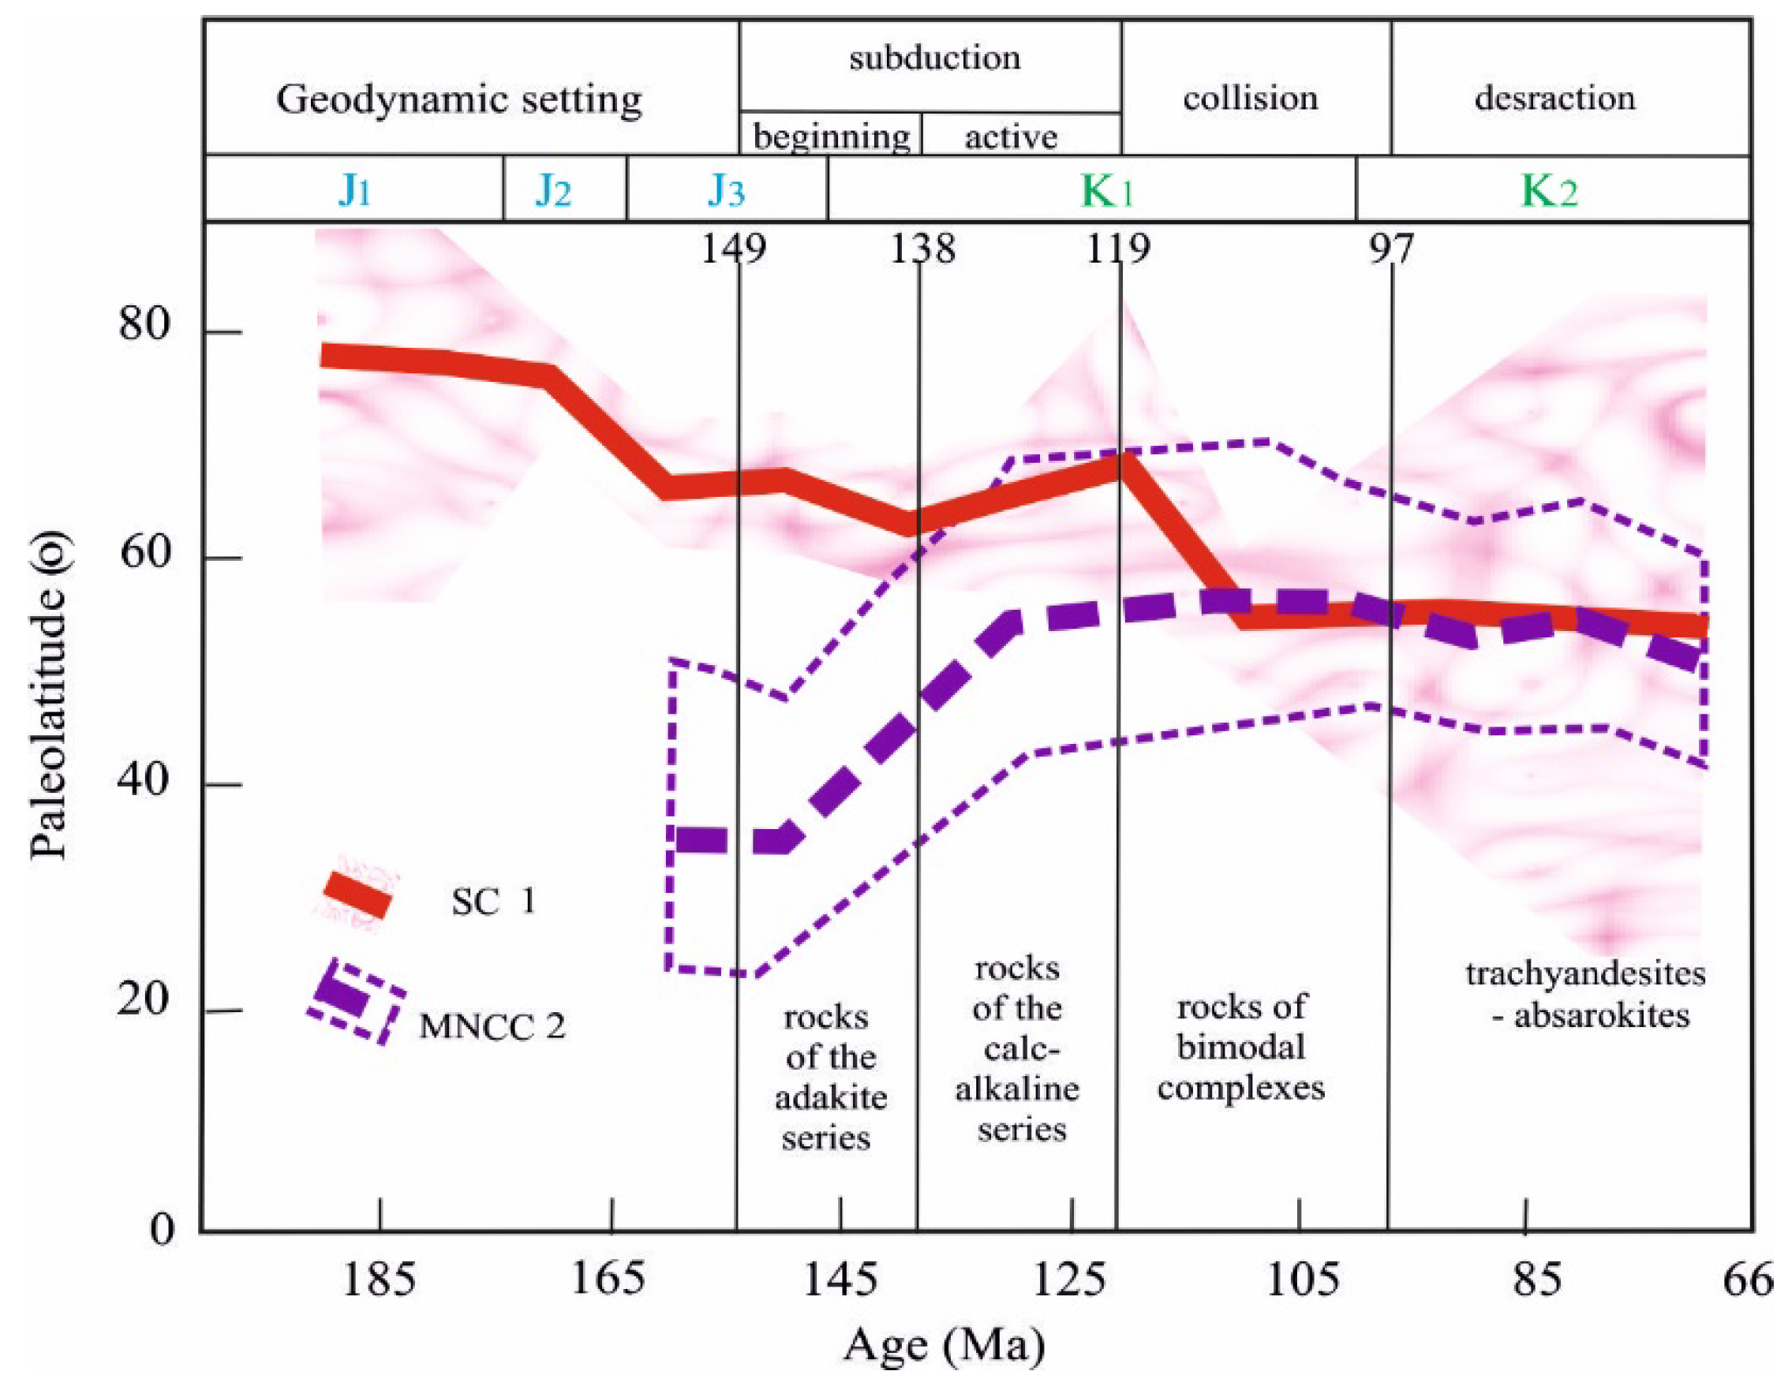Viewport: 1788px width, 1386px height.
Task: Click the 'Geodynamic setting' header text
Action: pos(458,101)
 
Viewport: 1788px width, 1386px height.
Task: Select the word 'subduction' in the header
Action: pos(934,59)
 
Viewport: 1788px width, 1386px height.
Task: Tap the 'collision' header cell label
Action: pos(1250,99)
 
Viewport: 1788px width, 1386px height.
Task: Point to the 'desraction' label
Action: pos(1554,99)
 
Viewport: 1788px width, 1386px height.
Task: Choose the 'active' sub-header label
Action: pos(1011,136)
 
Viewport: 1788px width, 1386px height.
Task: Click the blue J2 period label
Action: pos(553,191)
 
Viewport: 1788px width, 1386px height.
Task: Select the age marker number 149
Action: pos(734,248)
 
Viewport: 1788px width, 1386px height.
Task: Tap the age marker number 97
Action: pos(1391,248)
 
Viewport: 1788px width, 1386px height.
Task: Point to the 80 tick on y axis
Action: pos(144,325)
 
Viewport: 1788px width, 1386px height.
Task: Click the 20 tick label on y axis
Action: pos(144,1000)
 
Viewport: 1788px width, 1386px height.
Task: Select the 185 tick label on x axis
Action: pos(378,1279)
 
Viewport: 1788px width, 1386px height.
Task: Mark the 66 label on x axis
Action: pos(1748,1279)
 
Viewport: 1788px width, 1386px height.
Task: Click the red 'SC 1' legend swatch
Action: pos(357,894)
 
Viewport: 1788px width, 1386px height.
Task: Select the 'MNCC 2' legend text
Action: pos(492,1026)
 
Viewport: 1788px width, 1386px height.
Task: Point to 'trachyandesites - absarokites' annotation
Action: pos(1585,995)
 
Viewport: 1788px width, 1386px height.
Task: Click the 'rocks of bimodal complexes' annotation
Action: pos(1241,1048)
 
